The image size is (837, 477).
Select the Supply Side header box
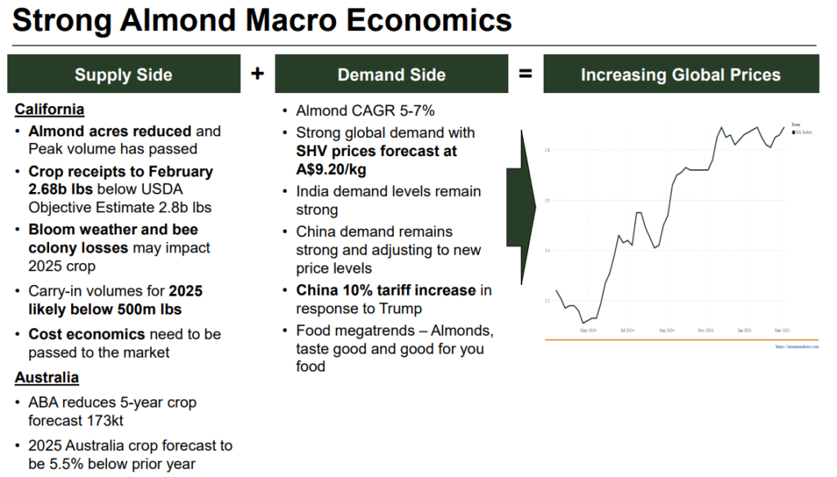[123, 74]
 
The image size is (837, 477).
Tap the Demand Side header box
[392, 74]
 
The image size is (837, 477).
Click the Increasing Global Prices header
[681, 74]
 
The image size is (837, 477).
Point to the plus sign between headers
[257, 74]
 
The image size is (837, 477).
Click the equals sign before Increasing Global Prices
[526, 74]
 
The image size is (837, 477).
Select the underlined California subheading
[49, 109]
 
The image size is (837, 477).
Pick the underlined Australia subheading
[47, 377]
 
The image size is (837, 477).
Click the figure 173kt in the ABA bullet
[105, 421]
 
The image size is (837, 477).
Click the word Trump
[400, 310]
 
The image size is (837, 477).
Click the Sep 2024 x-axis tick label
[665, 331]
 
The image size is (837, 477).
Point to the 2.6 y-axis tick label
[547, 200]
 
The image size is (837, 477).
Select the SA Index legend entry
[802, 131]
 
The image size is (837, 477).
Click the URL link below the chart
[796, 346]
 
